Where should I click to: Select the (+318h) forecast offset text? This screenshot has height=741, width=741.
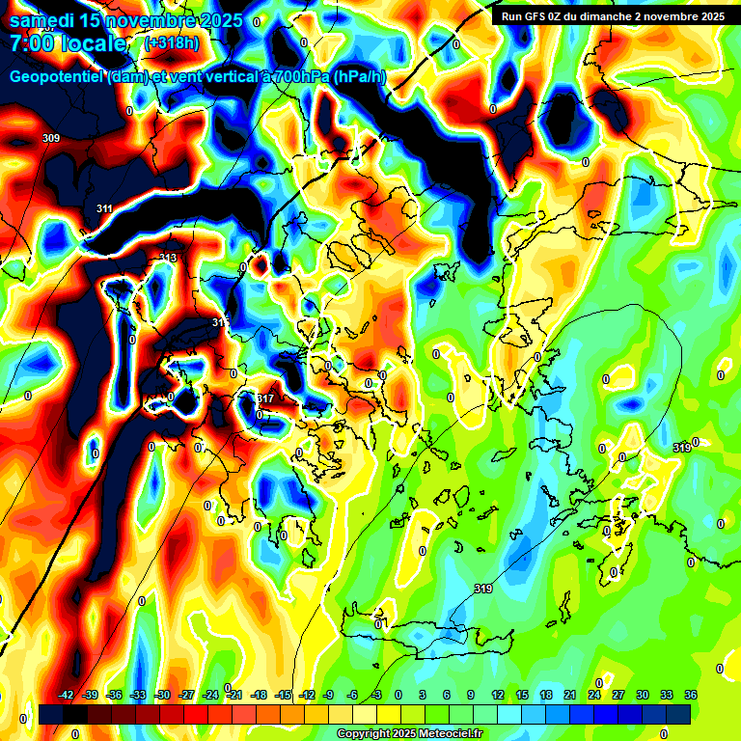click(x=172, y=43)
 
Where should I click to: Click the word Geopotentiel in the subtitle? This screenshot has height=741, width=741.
click(x=57, y=77)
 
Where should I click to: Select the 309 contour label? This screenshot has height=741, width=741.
click(x=51, y=139)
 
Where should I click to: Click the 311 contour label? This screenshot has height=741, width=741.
click(x=104, y=208)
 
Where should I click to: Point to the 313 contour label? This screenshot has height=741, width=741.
click(x=167, y=258)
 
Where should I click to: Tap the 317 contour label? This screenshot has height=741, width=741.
click(x=265, y=398)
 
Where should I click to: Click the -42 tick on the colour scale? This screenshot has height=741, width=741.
click(x=67, y=695)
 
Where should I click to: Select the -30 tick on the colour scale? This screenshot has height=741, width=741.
click(x=163, y=695)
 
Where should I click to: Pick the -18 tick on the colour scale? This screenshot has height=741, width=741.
click(x=259, y=695)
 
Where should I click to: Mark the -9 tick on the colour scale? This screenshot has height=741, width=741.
click(x=328, y=695)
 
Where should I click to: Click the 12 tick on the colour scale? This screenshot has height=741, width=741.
click(x=497, y=695)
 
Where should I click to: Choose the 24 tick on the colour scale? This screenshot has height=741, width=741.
click(x=593, y=695)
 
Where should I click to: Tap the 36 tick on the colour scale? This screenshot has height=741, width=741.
click(x=690, y=695)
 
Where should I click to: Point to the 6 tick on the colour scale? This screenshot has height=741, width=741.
click(x=447, y=695)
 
